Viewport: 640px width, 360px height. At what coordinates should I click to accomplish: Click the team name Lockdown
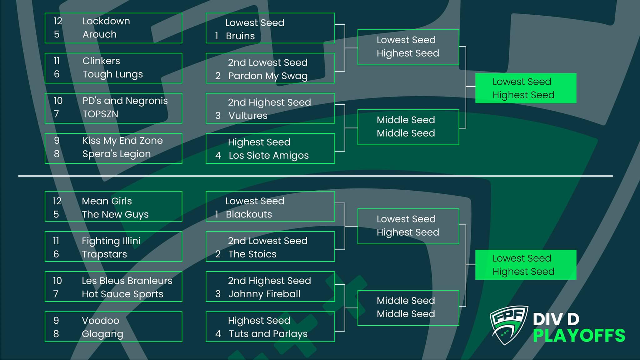coord(106,21)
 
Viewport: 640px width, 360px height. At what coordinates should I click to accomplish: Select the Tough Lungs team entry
coord(112,74)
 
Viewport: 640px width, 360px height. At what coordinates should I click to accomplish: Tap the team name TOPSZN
coord(100,114)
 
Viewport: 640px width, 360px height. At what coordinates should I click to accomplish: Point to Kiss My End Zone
coord(122,141)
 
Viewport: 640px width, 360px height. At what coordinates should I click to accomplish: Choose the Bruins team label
coord(240,36)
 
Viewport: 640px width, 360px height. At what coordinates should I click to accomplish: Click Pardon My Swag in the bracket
coord(268,76)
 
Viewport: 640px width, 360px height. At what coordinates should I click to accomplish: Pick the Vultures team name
coord(248,116)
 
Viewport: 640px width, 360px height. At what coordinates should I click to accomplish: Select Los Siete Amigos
coord(268,155)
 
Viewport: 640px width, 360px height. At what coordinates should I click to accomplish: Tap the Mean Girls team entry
coord(107,201)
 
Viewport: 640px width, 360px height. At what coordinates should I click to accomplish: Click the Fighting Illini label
coord(111,241)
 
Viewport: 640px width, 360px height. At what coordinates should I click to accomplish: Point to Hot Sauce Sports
coord(122,294)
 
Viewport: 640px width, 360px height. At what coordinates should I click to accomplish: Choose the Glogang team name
coord(102,334)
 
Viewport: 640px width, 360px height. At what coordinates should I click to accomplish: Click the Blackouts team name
coord(249,214)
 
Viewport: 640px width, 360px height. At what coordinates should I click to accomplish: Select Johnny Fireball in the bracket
coord(264,294)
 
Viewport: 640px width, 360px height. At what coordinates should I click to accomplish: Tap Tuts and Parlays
coord(268,334)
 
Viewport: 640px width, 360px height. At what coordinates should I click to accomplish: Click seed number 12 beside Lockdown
coord(58,21)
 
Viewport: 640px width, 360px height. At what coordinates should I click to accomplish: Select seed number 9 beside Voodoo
coord(56,321)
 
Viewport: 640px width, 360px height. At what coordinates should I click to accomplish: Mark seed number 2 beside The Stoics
coord(218,254)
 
